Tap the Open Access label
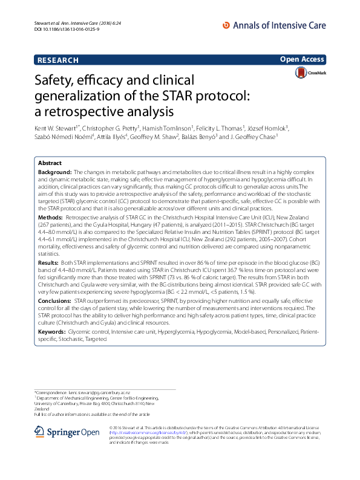(303, 59)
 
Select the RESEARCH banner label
(58, 60)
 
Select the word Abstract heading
(50, 163)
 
